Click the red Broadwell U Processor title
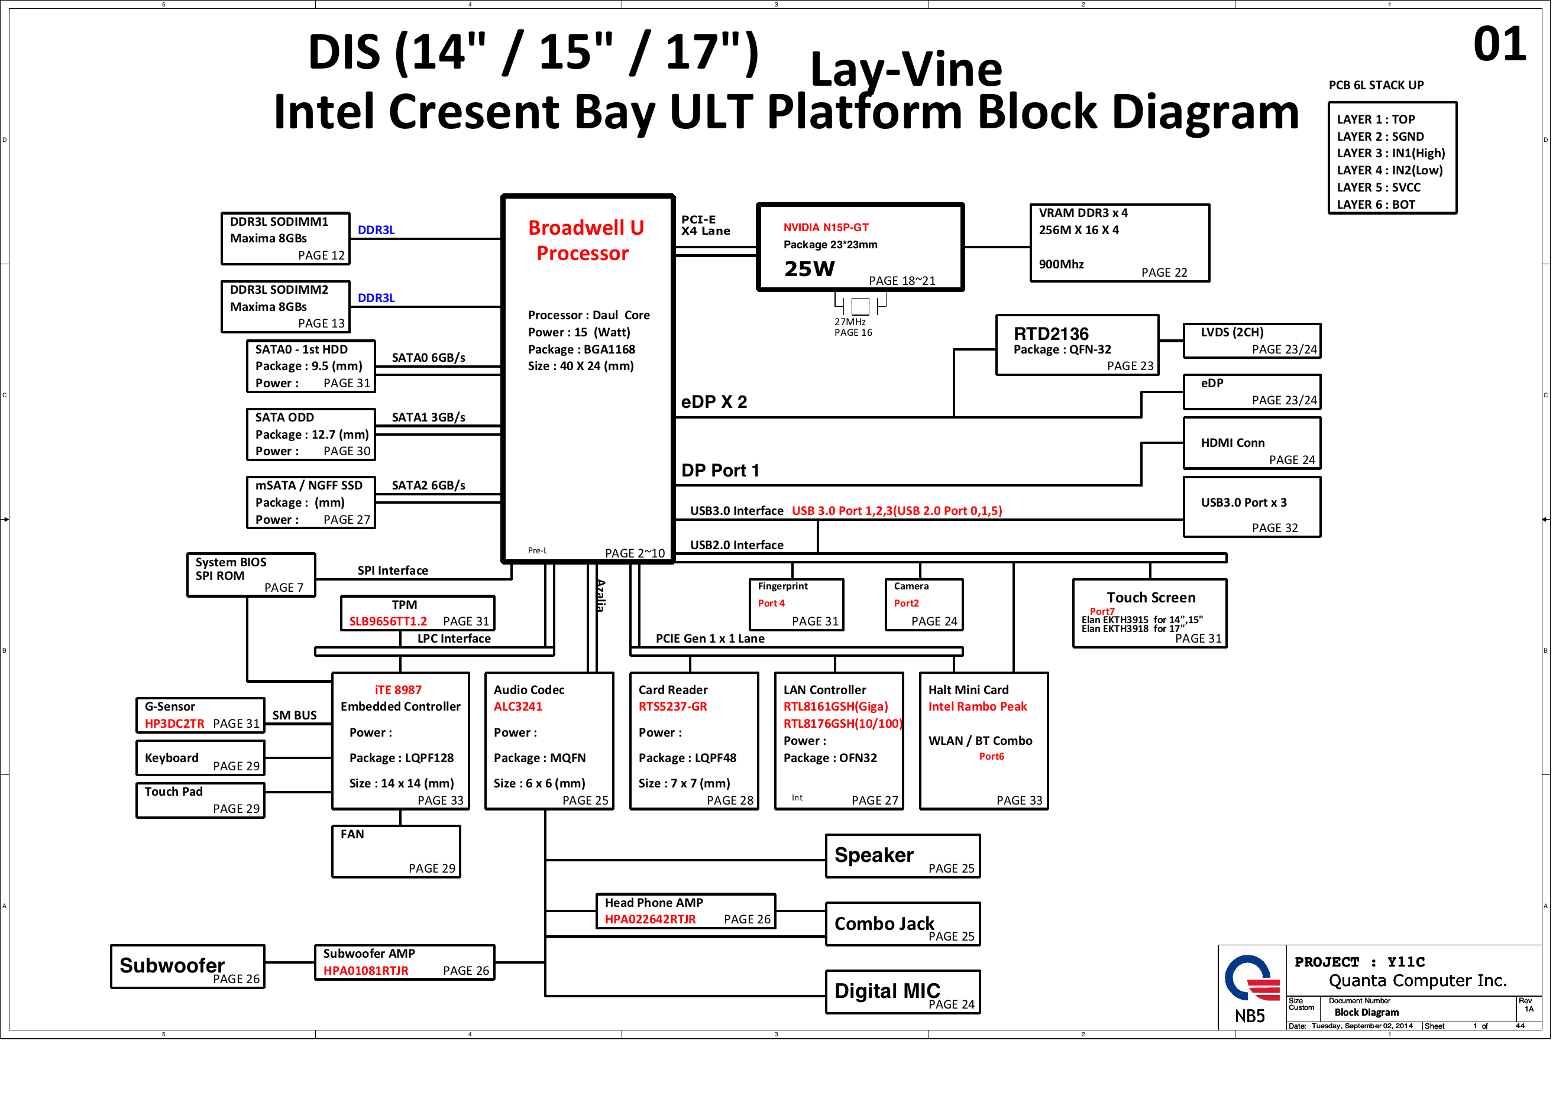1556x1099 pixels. (585, 240)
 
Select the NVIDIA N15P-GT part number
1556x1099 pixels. (826, 228)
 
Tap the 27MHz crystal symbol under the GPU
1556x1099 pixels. (860, 306)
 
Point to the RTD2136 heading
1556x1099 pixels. (1050, 333)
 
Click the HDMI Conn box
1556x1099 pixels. (1251, 443)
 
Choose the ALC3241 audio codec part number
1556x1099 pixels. (517, 706)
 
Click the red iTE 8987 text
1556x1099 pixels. (398, 690)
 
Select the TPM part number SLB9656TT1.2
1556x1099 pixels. (387, 621)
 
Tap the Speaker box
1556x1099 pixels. (902, 857)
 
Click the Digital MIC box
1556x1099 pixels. (902, 992)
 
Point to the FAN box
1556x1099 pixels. (396, 852)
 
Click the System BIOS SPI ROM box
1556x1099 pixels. (251, 575)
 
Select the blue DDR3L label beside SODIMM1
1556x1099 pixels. (376, 230)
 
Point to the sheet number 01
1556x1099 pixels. (1499, 45)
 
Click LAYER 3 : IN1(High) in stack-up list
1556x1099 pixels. (1390, 153)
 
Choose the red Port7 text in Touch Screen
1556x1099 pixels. (1101, 611)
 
